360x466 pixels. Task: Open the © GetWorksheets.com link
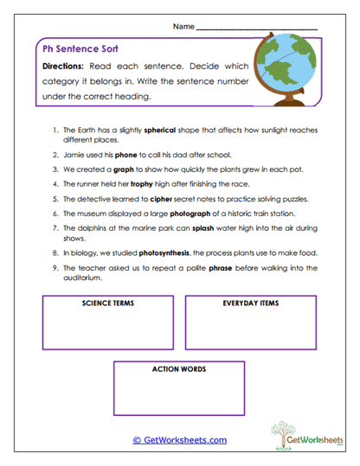click(179, 440)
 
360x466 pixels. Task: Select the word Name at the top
click(183, 27)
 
